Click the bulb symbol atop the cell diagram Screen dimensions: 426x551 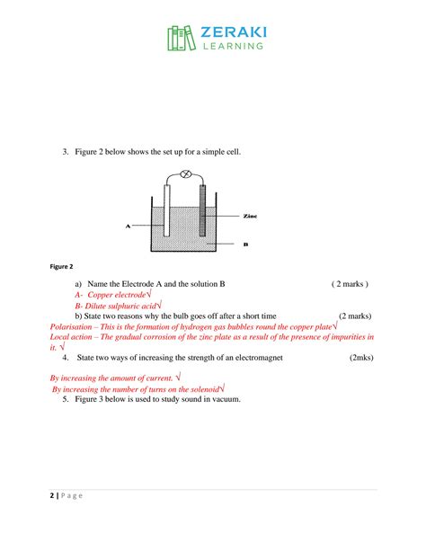187,173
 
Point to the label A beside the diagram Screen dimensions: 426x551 129,227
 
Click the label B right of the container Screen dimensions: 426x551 246,243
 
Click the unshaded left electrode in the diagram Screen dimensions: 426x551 168,215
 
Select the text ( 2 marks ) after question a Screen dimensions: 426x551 350,283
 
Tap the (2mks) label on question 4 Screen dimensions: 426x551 366,357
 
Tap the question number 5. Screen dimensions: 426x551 66,398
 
